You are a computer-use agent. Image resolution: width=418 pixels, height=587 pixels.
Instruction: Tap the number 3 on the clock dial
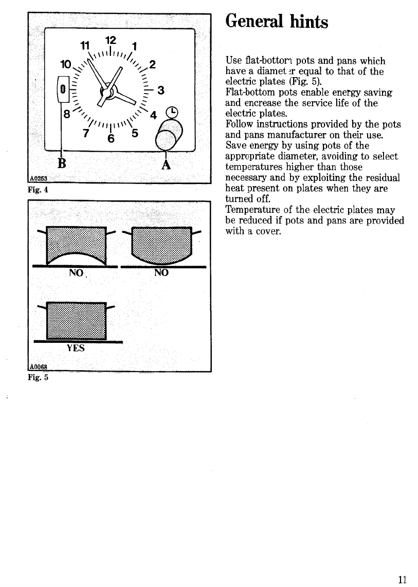point(161,91)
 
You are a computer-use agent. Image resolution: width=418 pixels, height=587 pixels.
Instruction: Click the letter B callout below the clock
point(63,162)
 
